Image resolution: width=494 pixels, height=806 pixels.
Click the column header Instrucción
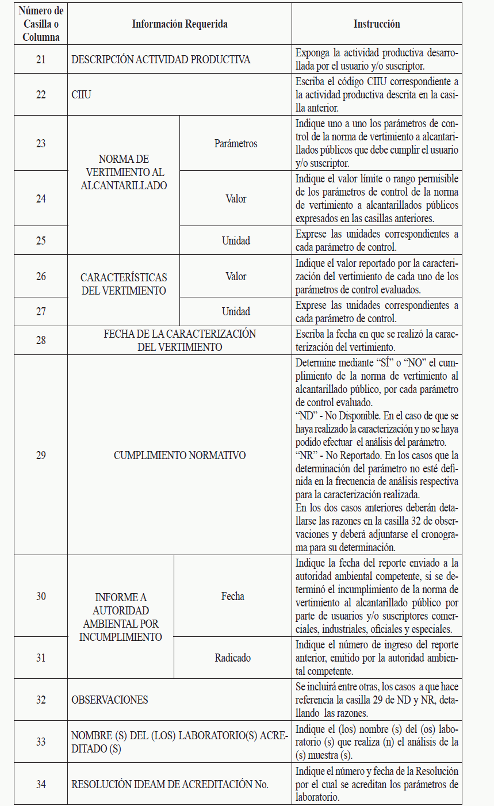point(376,24)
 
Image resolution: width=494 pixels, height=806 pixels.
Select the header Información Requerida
point(179,24)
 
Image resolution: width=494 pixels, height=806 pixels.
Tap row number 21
point(41,59)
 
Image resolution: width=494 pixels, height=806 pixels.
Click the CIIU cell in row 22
point(81,95)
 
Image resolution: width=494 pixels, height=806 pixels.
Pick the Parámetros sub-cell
point(236,143)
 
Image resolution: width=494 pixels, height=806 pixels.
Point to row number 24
point(41,198)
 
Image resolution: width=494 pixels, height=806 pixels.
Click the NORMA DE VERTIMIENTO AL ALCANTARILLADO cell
point(123,172)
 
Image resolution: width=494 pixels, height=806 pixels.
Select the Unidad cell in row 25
point(236,240)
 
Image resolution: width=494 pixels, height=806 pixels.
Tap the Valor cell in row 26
point(236,276)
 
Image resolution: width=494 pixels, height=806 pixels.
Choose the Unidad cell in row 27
point(236,311)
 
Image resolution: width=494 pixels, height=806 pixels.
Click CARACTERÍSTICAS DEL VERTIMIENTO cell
point(123,284)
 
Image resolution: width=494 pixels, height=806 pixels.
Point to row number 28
point(41,340)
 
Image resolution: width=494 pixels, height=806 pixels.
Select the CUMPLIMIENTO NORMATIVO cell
point(179,455)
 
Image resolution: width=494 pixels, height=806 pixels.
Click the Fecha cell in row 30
point(232,596)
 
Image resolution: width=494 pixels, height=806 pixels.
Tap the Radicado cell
point(232,658)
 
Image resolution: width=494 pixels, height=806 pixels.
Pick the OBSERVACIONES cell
point(110,700)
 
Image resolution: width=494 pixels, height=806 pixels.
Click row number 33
point(41,742)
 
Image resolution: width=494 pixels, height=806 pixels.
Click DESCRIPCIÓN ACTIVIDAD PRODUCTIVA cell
point(161,59)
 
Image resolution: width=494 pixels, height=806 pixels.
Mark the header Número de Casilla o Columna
point(41,24)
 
